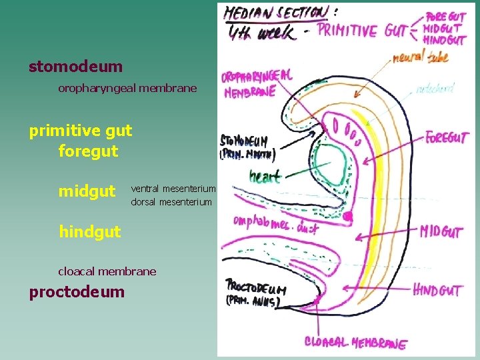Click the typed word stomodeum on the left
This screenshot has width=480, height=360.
tap(75, 67)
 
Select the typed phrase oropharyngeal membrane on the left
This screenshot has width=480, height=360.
tap(127, 88)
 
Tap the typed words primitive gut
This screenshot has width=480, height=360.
tap(80, 131)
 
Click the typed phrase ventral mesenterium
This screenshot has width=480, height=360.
tap(173, 189)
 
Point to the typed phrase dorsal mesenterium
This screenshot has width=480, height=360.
tap(171, 201)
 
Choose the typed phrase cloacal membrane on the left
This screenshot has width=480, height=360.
tap(107, 271)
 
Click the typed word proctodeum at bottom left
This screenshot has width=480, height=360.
tap(76, 292)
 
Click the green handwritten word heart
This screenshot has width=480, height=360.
tap(265, 177)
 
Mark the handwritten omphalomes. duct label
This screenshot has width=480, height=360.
tap(275, 224)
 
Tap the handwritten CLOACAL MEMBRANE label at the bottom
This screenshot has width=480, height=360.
tap(355, 343)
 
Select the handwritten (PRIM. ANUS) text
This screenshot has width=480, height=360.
tap(253, 302)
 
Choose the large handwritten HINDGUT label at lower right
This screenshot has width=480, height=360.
tap(437, 291)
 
